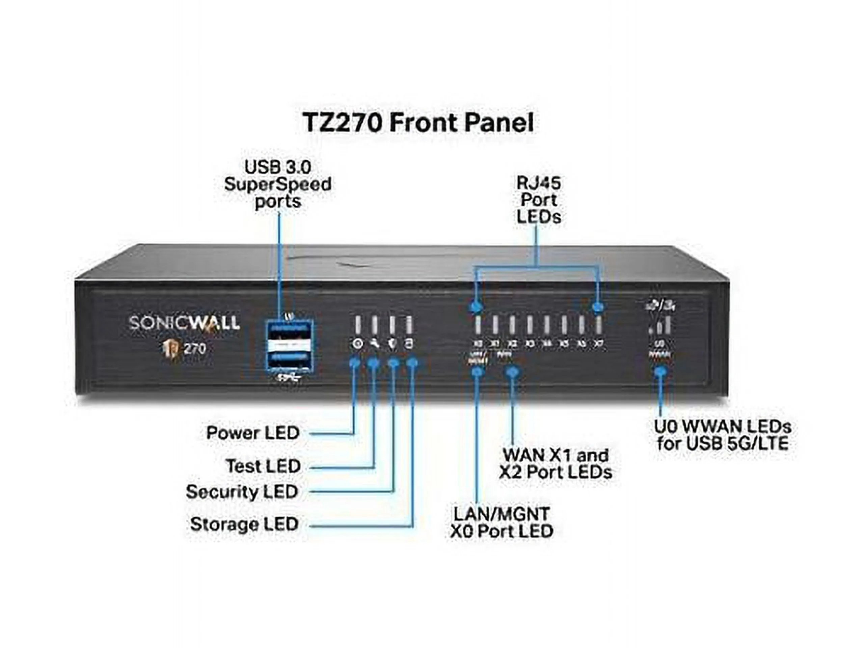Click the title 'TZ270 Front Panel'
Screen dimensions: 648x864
tap(418, 123)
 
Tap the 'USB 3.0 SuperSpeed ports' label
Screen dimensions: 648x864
tap(278, 184)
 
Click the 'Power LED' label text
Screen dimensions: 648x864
tap(253, 433)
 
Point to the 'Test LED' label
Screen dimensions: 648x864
tap(263, 466)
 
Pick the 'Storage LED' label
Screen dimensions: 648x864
tap(244, 524)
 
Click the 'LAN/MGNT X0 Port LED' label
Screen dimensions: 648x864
tap(502, 522)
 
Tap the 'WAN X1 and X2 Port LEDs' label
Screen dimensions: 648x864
tap(556, 464)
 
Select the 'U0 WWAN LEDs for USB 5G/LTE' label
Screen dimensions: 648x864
tap(723, 435)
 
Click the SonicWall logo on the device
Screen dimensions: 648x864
tap(184, 323)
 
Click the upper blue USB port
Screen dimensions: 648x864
tap(290, 328)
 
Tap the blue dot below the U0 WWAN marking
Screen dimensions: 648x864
tap(660, 371)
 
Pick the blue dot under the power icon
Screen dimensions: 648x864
tap(355, 363)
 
